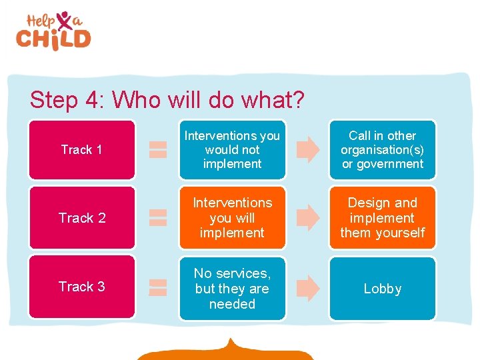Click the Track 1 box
tap(81, 149)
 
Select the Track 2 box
tap(81, 217)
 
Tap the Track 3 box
tap(81, 287)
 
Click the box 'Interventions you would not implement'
tap(232, 149)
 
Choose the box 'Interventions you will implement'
tap(232, 217)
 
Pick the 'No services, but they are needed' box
tap(232, 288)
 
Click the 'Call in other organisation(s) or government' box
tap(382, 149)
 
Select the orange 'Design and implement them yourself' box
tap(382, 217)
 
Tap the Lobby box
tap(382, 288)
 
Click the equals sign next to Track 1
tap(157, 149)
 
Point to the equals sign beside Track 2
tap(157, 217)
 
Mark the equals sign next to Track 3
tap(157, 287)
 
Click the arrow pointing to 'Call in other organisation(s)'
tap(307, 149)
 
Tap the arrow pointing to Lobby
tap(307, 287)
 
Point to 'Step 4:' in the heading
tap(69, 100)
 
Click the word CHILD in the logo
tap(53, 38)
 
